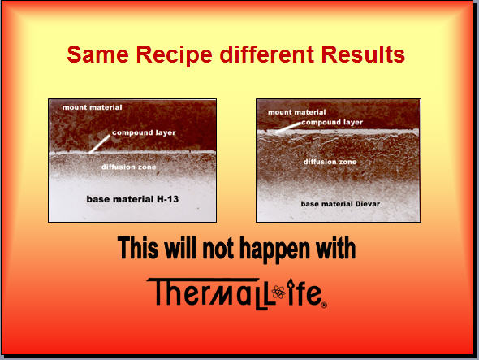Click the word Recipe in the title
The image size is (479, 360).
(x=174, y=55)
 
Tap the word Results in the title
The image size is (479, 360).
(x=363, y=54)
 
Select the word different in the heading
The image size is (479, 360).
(x=266, y=54)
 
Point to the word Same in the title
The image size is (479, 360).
(x=97, y=54)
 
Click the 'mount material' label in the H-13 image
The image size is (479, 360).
(x=93, y=107)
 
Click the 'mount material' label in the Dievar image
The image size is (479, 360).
(x=297, y=112)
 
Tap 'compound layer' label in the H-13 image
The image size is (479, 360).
(x=144, y=132)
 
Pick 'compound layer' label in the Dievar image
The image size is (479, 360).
(x=332, y=123)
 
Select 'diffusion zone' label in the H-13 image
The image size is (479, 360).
(x=128, y=167)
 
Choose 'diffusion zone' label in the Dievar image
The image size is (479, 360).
(x=330, y=162)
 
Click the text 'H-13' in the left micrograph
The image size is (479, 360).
(x=168, y=199)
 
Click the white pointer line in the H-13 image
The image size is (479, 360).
(x=99, y=144)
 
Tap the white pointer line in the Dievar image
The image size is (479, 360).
(x=287, y=128)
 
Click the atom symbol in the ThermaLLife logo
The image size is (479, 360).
(x=278, y=292)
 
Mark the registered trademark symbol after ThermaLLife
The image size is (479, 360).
(x=324, y=305)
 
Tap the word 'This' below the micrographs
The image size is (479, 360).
(x=138, y=247)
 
